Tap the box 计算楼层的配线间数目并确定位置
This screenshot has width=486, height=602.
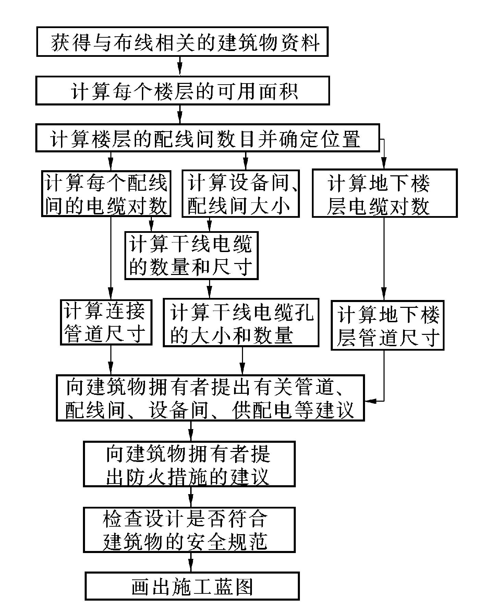pyautogui.click(x=207, y=138)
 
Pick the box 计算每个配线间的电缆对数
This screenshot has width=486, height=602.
pyautogui.click(x=106, y=193)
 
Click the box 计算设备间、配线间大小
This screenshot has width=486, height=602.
pyautogui.click(x=241, y=193)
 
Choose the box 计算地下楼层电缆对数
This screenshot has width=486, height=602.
pyautogui.click(x=385, y=193)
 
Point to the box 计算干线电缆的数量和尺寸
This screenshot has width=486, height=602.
pyautogui.click(x=191, y=255)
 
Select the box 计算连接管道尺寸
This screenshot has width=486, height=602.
pyautogui.click(x=106, y=322)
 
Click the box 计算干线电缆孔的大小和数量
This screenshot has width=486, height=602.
pyautogui.click(x=241, y=322)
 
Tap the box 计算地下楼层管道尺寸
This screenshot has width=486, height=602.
pyautogui.click(x=387, y=325)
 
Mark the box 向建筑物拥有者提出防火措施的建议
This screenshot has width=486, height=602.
pyautogui.click(x=189, y=464)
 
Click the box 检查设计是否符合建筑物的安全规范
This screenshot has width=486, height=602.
pyautogui.click(x=189, y=530)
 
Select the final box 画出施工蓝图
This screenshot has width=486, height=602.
pyautogui.click(x=192, y=586)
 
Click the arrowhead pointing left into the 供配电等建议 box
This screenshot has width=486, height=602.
pyautogui.click(x=370, y=400)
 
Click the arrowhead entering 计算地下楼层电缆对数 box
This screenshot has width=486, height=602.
pyautogui.click(x=384, y=164)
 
